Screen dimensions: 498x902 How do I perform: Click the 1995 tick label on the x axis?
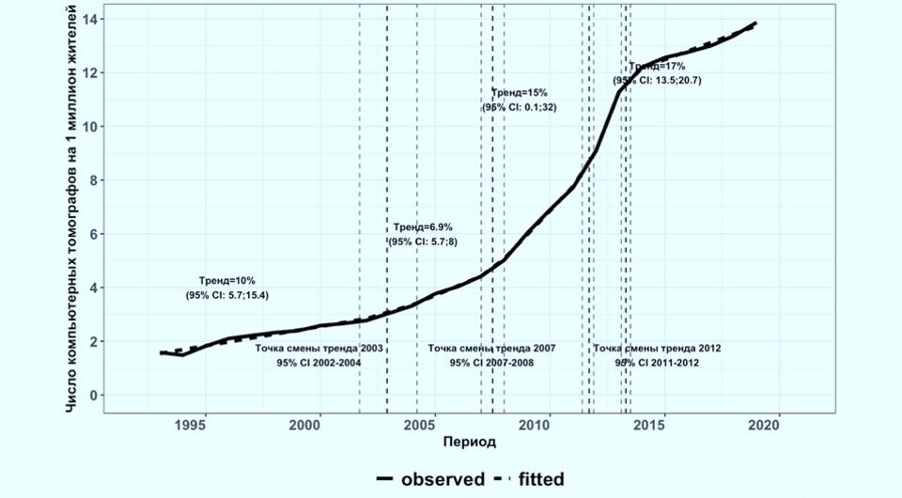pyautogui.click(x=191, y=426)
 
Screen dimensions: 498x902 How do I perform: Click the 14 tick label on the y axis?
pyautogui.click(x=91, y=19)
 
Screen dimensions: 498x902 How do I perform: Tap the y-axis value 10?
pyautogui.click(x=91, y=127)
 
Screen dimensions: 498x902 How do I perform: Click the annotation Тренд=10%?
pyautogui.click(x=226, y=281)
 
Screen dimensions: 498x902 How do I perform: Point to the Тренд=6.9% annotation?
pyautogui.click(x=423, y=227)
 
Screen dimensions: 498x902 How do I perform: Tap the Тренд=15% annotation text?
pyautogui.click(x=520, y=93)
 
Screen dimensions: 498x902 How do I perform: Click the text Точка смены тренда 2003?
pyautogui.click(x=319, y=349)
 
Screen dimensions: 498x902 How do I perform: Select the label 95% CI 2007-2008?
pyautogui.click(x=491, y=363)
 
